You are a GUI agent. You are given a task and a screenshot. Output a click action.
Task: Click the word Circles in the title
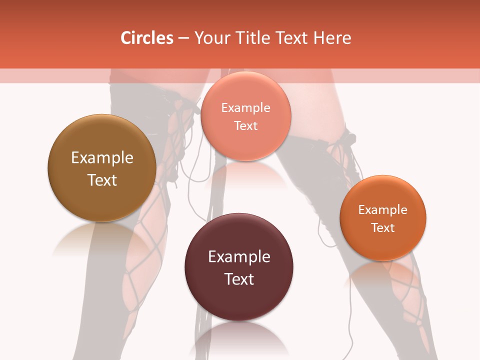146,38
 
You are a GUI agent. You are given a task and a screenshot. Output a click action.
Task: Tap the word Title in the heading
251,38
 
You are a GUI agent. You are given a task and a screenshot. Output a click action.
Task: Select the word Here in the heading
332,38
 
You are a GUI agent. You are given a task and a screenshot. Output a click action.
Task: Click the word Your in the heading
212,38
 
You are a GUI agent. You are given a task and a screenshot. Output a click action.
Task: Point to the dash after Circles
183,38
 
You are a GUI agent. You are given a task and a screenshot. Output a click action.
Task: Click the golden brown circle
102,145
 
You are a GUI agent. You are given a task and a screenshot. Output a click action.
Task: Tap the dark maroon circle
239,295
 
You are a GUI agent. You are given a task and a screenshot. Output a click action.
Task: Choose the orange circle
383,245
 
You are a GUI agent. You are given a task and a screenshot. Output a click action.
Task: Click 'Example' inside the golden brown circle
102,158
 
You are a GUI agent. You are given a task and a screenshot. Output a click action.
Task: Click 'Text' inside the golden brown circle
102,180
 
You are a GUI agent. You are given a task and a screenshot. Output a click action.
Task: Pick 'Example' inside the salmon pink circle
245,108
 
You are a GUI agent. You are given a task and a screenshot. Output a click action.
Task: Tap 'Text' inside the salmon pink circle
245,125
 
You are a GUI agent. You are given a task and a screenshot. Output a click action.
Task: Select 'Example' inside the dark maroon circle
239,257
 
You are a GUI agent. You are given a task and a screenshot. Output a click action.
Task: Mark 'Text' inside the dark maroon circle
239,279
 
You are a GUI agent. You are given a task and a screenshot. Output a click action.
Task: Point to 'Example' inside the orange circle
383,210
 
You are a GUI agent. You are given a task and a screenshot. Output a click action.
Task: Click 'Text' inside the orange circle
383,227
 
